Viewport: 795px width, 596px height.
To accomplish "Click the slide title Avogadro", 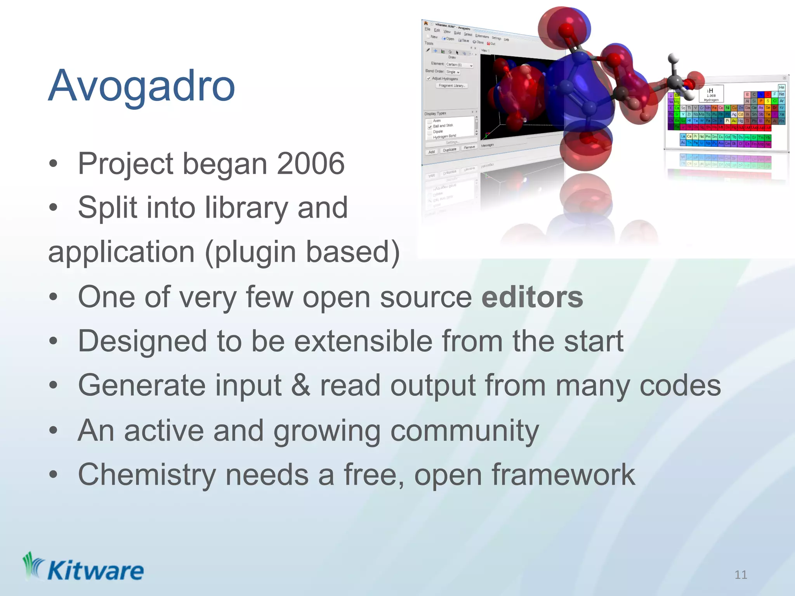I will (x=142, y=86).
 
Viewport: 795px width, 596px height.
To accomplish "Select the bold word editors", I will (x=532, y=298).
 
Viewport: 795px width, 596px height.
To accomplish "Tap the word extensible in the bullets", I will (x=363, y=341).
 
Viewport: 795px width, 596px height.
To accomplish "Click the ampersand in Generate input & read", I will (x=301, y=385).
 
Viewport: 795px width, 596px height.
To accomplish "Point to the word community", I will (x=464, y=431).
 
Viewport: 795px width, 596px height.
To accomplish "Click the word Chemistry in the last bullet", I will (x=147, y=475).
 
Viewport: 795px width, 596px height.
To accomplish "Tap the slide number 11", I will (x=741, y=575).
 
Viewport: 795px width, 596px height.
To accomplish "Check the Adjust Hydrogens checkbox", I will (x=429, y=78).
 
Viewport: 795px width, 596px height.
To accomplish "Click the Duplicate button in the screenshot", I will (x=450, y=150).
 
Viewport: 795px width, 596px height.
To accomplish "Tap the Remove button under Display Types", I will (x=469, y=147).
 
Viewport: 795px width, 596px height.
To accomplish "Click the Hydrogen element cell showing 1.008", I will (x=711, y=94).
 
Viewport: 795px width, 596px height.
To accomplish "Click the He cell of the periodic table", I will (x=781, y=87).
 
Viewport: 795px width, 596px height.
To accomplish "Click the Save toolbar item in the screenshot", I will (x=463, y=40).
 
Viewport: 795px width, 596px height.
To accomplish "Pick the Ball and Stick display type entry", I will (x=443, y=126).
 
